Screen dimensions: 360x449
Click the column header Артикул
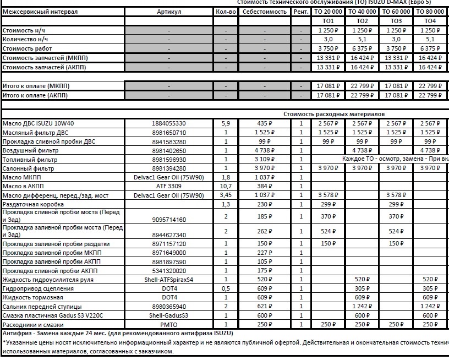click(x=168, y=12)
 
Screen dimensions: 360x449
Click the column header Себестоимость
click(x=265, y=12)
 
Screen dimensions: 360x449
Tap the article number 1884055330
click(x=168, y=123)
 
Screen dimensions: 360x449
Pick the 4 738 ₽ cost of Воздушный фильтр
click(x=265, y=150)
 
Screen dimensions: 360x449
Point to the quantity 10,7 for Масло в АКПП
click(x=226, y=186)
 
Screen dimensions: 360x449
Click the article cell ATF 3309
click(x=168, y=186)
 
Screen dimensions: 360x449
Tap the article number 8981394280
click(x=168, y=168)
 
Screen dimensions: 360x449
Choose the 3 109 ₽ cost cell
click(x=265, y=159)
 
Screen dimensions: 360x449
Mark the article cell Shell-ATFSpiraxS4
click(x=168, y=280)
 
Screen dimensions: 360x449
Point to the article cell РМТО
click(x=168, y=324)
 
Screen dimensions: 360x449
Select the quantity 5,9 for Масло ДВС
click(x=226, y=123)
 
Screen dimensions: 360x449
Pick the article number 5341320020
click(x=168, y=271)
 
